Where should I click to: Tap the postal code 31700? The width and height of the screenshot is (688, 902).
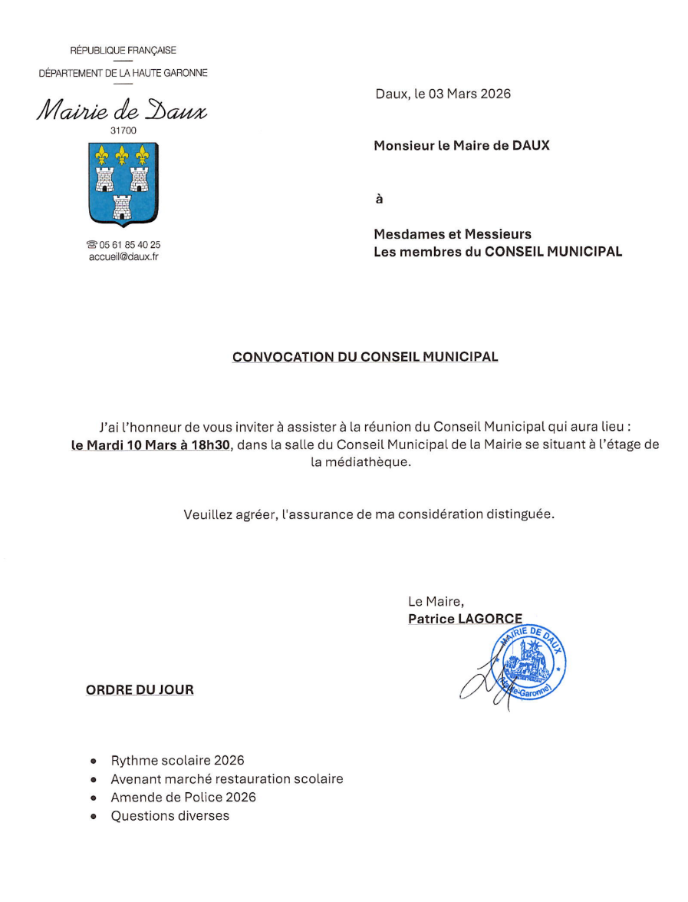pos(123,131)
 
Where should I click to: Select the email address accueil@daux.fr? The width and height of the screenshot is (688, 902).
pos(123,257)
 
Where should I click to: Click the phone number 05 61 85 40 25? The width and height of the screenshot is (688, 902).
pos(129,245)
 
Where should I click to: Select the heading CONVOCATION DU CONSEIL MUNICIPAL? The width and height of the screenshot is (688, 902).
pos(365,358)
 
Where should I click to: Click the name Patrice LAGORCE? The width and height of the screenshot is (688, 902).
pos(465,619)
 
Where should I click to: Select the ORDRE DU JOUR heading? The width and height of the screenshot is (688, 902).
pos(140,690)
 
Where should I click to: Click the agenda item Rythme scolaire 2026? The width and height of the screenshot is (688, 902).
pos(177,761)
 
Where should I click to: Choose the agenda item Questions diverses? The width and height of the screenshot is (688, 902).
pos(170,816)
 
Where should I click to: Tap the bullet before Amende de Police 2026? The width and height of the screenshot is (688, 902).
pos(94,798)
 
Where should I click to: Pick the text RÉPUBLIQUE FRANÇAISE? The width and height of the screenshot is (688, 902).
pos(123,51)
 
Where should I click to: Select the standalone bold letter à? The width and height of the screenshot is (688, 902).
pos(378,200)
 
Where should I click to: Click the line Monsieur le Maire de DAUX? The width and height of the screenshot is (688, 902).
pos(461,145)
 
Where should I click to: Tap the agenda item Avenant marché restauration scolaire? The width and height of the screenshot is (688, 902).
pos(226,779)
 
